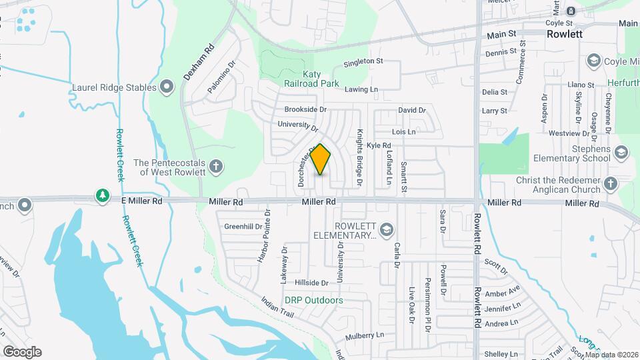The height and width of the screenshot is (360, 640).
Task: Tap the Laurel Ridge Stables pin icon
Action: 167,87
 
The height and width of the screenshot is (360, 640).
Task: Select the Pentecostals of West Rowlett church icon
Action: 215,166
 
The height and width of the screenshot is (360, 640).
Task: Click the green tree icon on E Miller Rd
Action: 102,195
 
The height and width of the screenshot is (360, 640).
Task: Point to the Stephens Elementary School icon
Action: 621,153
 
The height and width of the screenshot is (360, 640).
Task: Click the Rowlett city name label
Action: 565,33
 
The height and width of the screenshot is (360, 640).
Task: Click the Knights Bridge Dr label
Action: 359,157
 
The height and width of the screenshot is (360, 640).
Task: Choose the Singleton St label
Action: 363,62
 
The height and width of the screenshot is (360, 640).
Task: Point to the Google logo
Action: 22,351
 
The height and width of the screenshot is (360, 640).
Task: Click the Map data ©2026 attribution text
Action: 612,355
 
